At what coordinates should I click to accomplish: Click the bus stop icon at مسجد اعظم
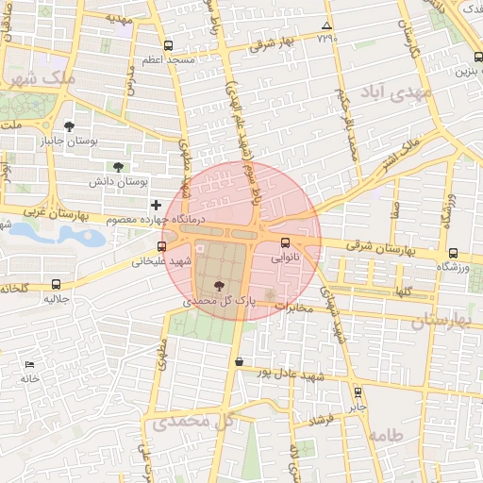coord(168,45)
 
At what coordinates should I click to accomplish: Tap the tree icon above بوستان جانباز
coord(69,126)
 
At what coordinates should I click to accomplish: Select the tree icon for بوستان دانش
coord(118,166)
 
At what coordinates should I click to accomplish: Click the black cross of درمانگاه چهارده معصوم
coord(156,205)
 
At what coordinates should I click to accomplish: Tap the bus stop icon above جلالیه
coord(57,284)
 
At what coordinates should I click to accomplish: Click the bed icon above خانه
coord(30,364)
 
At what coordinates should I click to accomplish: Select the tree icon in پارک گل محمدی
coord(220,286)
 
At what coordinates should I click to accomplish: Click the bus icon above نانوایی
coord(286,242)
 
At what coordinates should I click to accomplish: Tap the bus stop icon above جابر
coord(358,392)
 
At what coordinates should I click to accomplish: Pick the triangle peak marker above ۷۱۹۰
coord(326,25)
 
